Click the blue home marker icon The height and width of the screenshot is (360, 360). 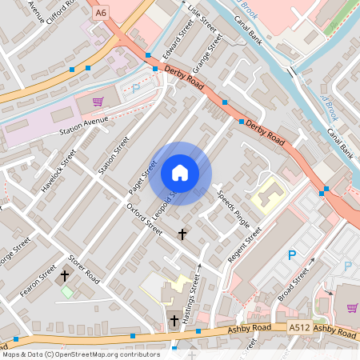[180, 173]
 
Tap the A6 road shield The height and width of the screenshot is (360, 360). [100, 13]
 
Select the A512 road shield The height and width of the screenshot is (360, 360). [299, 328]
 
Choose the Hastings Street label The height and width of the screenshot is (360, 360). [190, 298]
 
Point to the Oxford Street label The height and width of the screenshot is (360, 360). [145, 217]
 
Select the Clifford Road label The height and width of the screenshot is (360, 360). [64, 14]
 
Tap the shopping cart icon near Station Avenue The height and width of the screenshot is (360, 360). [98, 102]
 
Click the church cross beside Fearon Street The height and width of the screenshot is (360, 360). [65, 275]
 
